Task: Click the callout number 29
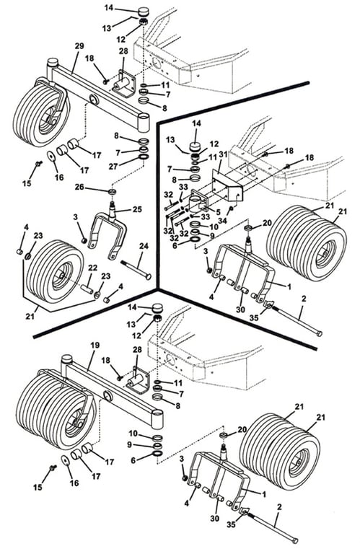(x=79, y=46)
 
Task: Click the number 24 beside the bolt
(x=144, y=245)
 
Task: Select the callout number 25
(x=137, y=209)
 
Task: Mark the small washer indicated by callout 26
(x=113, y=192)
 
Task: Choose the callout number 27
(x=113, y=167)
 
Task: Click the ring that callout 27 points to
(x=144, y=157)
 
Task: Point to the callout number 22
(x=92, y=268)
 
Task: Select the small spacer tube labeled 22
(x=87, y=286)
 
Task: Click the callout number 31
(x=222, y=154)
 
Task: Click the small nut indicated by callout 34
(x=232, y=208)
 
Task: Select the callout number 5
(x=218, y=212)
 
